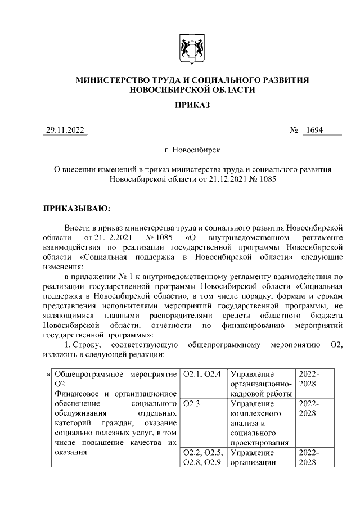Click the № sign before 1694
pos(293,130)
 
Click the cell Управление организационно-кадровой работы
pos(262,384)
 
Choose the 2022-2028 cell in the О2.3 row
pos(309,409)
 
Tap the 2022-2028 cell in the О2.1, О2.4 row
pos(309,379)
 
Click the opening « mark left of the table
pos(47,374)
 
